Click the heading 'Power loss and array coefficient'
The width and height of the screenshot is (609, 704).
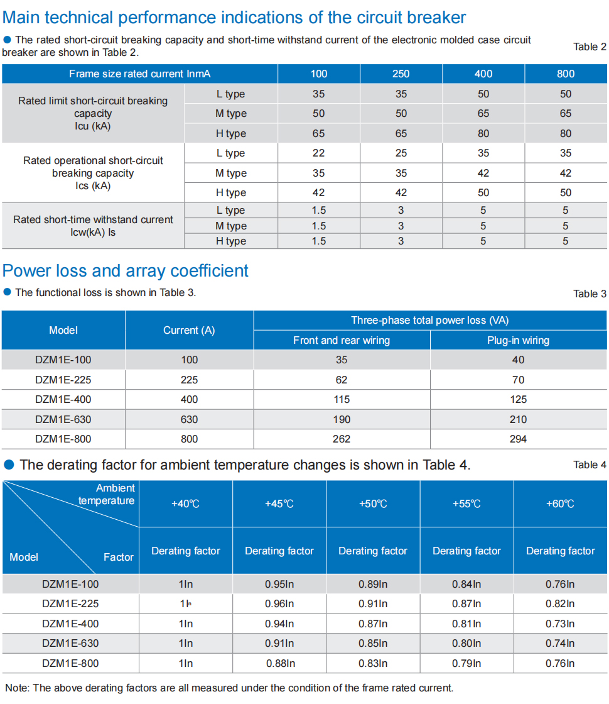tap(125, 271)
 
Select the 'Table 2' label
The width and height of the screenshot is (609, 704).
tap(590, 47)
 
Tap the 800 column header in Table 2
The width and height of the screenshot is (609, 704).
tap(566, 74)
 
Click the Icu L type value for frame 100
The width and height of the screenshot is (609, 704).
tap(318, 94)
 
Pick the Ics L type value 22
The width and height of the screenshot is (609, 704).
tap(318, 153)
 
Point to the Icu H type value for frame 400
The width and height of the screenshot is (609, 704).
tap(483, 133)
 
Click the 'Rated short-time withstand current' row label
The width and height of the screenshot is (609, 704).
tap(93, 219)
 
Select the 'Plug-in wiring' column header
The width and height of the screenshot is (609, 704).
tap(518, 340)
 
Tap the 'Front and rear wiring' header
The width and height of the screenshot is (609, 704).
tap(342, 340)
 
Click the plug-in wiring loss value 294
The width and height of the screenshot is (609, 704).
tap(518, 439)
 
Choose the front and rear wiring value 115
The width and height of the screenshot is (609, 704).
tap(342, 400)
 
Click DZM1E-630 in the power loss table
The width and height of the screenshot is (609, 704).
tap(63, 419)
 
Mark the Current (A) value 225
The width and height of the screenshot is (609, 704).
tap(189, 380)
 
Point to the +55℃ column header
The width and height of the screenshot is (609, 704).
tap(466, 503)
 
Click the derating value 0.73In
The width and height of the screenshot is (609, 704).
tap(559, 624)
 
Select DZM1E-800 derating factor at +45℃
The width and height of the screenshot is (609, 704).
tap(280, 663)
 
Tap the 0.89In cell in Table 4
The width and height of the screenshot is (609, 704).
tap(373, 584)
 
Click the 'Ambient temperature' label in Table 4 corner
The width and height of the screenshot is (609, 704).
tap(107, 494)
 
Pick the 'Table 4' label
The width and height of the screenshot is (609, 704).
tap(590, 465)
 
